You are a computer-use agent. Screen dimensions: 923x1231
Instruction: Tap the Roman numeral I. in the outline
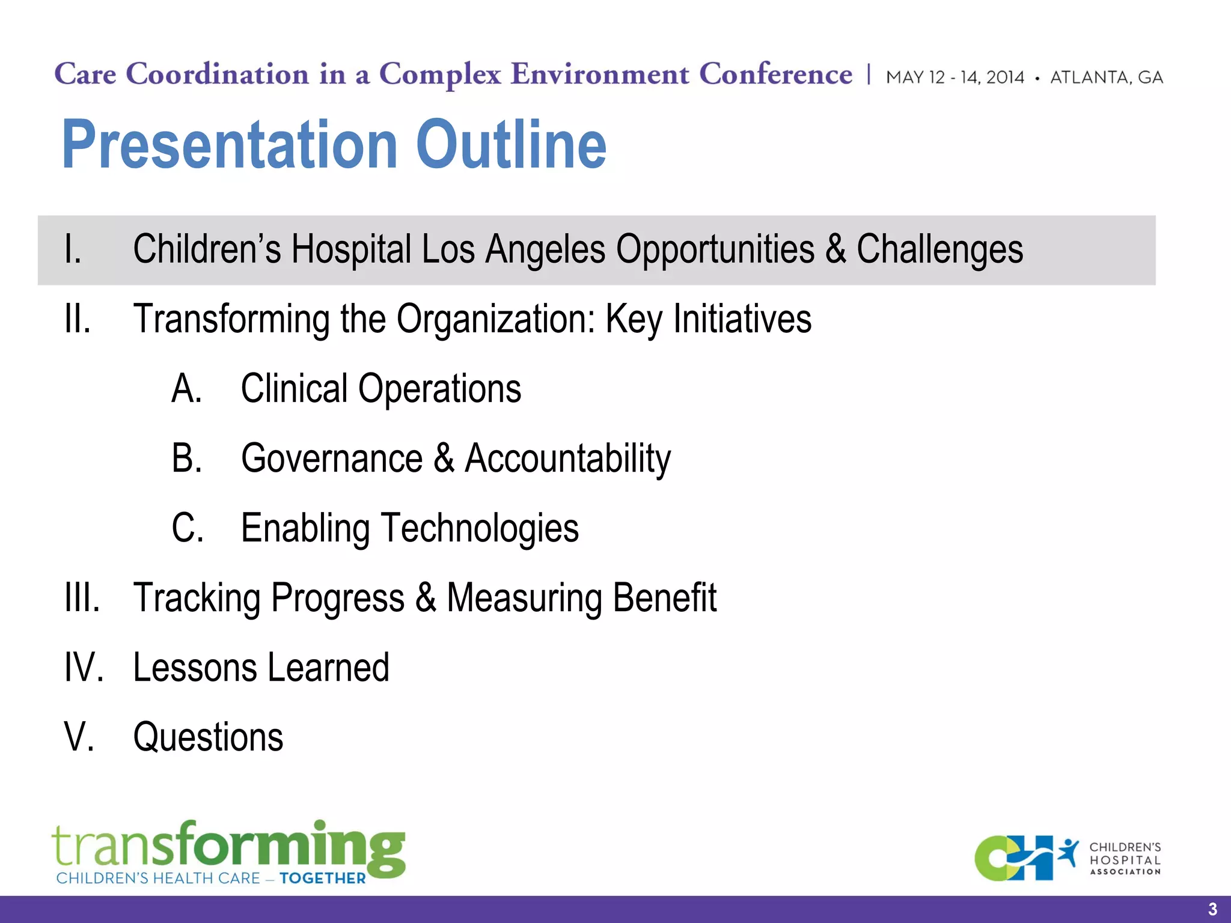point(73,249)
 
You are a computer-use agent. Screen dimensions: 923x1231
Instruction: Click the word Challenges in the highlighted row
point(939,249)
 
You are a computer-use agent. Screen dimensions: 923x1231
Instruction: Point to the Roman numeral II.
point(78,319)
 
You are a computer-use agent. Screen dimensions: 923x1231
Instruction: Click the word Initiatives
point(742,319)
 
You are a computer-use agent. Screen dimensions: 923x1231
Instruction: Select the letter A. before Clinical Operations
point(187,389)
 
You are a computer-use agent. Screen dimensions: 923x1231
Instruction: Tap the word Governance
point(332,458)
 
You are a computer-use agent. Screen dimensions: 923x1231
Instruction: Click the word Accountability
point(568,458)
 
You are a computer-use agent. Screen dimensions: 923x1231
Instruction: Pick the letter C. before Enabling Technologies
point(188,528)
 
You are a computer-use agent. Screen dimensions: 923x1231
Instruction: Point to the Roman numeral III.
point(82,598)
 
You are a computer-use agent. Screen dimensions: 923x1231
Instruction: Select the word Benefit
point(664,598)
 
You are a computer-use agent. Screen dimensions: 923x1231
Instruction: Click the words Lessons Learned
point(261,668)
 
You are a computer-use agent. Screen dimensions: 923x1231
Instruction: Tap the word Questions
point(208,737)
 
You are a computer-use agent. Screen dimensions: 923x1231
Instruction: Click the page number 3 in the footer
point(1212,909)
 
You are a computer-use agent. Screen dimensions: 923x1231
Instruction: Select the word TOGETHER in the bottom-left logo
point(322,879)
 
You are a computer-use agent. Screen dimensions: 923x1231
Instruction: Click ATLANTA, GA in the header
point(1107,78)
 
